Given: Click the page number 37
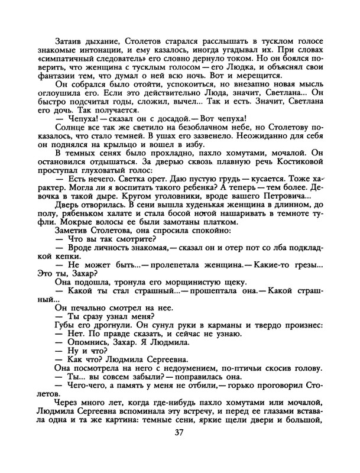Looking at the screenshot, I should click(x=180, y=448).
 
